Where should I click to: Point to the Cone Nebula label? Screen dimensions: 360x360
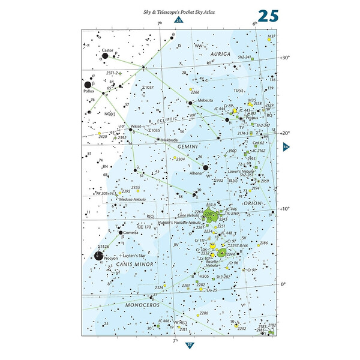click(189, 215)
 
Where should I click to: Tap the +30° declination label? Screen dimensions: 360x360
click(285, 58)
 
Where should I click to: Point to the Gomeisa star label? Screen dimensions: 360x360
click(131, 232)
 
